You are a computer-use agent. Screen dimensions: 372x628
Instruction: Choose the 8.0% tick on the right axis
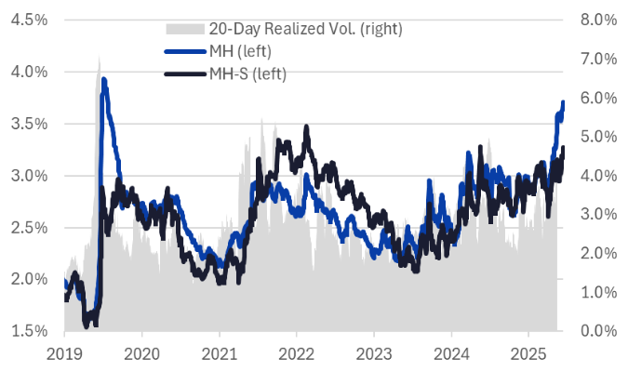[596, 19]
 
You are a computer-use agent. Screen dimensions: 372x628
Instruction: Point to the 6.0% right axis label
[596, 97]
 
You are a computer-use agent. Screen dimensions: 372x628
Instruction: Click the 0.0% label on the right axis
[596, 331]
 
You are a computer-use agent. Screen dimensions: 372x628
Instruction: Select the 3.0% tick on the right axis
[596, 214]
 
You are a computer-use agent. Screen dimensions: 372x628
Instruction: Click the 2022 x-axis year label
[296, 352]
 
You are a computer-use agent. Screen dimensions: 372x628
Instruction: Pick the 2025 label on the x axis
[528, 352]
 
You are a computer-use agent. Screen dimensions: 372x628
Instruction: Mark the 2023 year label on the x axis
[373, 352]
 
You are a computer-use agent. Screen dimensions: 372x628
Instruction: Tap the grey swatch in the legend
[184, 29]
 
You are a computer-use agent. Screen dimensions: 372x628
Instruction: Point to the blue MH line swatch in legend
[184, 51]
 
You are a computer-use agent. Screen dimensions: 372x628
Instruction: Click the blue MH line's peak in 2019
[103, 79]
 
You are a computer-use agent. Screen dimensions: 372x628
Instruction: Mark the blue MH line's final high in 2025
[563, 101]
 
